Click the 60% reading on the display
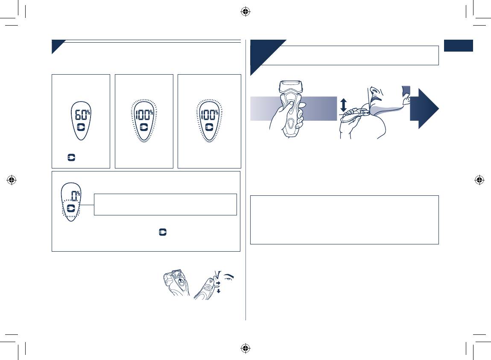tap(82, 114)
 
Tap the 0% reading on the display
tap(76, 195)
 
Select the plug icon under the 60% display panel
tap(71, 157)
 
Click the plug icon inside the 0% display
tap(71, 208)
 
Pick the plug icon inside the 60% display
tap(81, 128)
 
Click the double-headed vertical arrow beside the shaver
tap(344, 105)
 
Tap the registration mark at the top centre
tap(245, 12)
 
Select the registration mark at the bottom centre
tap(245, 348)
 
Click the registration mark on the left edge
tap(12, 180)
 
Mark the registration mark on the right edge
tap(479, 180)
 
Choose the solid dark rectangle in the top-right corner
tap(459, 46)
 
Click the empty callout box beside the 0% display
tap(165, 205)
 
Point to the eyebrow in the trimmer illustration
tap(228, 277)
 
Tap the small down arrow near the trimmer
tap(219, 291)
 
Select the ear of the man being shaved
tap(406, 99)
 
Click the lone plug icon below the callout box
tap(163, 232)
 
